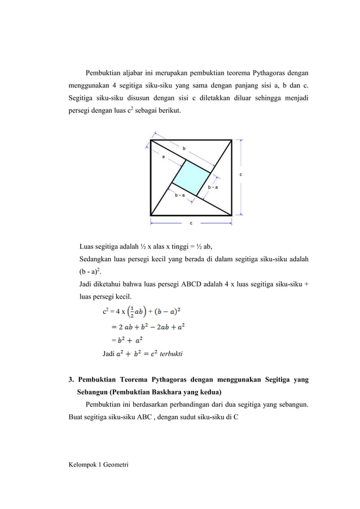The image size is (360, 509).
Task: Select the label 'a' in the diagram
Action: coord(164,157)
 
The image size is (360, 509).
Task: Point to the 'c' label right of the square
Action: coord(242,175)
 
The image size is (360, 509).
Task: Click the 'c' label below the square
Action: coord(191,223)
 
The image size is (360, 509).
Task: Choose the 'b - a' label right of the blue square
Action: coord(213,186)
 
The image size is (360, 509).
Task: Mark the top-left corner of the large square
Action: coord(151,139)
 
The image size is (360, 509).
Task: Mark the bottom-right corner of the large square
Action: coord(232,214)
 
